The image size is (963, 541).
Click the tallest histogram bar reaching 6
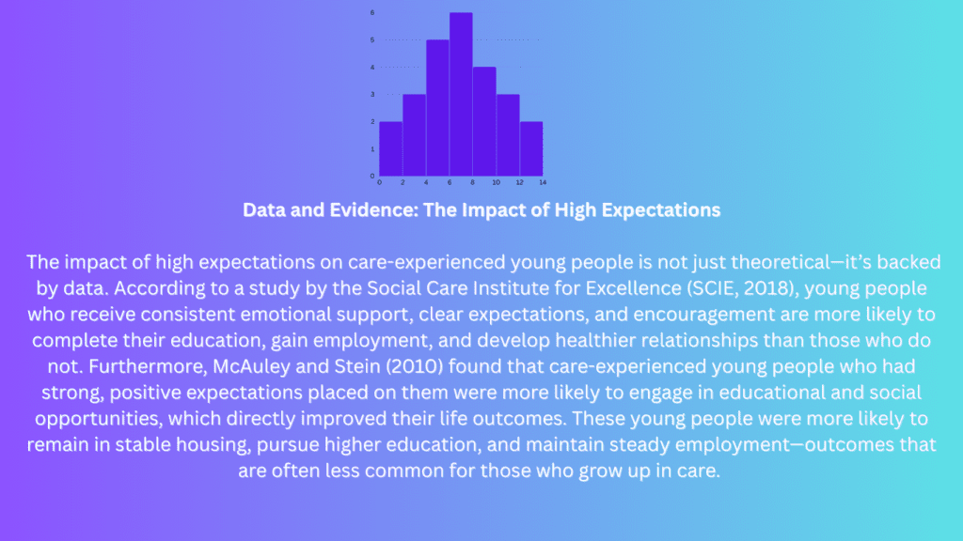point(461,95)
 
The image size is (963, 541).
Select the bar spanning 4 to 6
point(438,108)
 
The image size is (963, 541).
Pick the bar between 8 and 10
point(484,121)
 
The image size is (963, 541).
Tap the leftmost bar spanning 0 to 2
point(391,149)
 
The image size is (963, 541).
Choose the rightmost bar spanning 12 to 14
point(531,149)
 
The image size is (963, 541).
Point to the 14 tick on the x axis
point(543,182)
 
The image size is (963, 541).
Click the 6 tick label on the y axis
point(372,13)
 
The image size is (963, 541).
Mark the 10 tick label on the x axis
point(497,182)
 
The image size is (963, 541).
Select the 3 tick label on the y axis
point(372,95)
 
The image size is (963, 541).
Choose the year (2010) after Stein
point(415,366)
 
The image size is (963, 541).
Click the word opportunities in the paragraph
point(98,419)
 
